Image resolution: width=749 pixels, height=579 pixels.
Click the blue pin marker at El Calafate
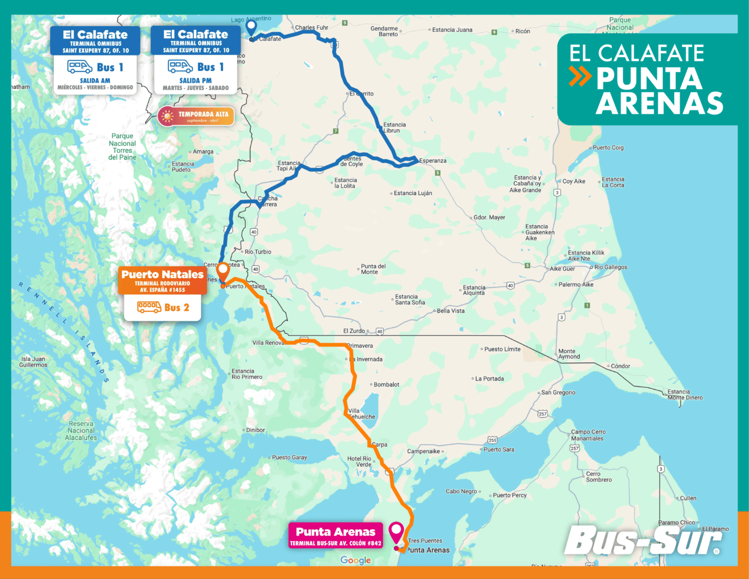tap(251, 27)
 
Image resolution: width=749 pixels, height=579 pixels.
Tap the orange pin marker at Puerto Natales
tap(223, 270)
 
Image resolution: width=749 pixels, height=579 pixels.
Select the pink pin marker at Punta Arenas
tap(396, 530)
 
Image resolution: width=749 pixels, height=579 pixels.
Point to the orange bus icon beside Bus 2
tap(149, 307)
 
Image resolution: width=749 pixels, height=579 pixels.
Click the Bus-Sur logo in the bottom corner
tap(643, 541)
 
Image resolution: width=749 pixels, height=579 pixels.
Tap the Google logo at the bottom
tap(355, 560)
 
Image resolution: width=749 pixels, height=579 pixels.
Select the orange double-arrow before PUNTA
tap(580, 77)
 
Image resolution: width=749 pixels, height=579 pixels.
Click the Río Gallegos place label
tap(611, 267)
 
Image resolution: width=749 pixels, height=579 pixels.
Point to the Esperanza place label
tap(433, 160)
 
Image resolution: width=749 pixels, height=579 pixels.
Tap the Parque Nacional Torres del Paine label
tap(122, 147)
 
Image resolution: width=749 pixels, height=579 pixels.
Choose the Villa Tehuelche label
tap(361, 414)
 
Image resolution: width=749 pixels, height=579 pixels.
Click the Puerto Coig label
tap(608, 148)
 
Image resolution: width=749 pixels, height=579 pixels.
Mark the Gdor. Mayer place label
tap(489, 218)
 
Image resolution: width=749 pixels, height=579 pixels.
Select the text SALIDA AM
tap(95, 80)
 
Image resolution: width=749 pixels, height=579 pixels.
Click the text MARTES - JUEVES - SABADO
tap(196, 88)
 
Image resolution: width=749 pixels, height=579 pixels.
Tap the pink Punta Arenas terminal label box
tap(335, 536)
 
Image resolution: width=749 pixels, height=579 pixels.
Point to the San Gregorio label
tap(558, 393)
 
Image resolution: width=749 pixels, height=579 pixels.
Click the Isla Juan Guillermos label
tap(33, 362)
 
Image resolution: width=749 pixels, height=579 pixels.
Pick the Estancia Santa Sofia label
tap(410, 299)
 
